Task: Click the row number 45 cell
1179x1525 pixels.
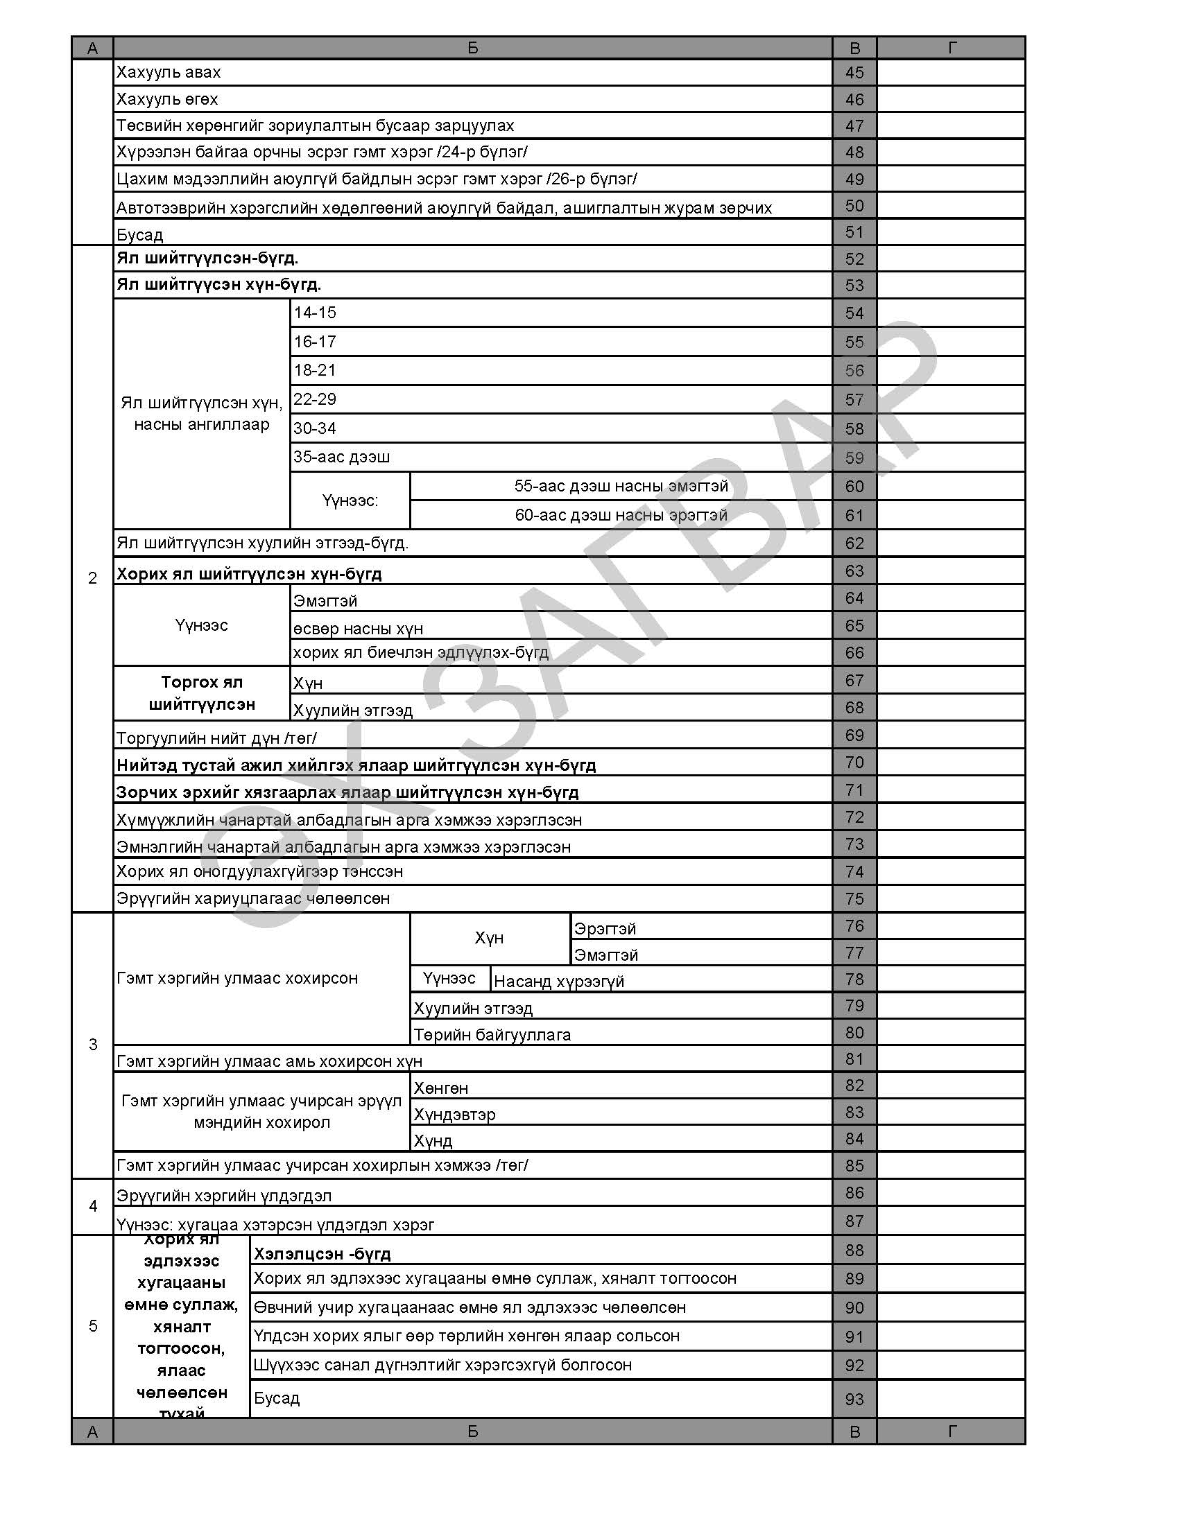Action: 854,73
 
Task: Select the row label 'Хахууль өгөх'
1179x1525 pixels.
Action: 167,99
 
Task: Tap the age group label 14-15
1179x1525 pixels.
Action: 314,313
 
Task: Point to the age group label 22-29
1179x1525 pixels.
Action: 314,399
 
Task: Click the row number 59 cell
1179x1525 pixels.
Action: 854,458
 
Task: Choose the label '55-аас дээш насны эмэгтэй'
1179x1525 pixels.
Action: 621,486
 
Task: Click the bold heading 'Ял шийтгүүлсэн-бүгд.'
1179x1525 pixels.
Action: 207,259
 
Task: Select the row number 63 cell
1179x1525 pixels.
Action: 854,571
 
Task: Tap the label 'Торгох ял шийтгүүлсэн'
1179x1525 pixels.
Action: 202,692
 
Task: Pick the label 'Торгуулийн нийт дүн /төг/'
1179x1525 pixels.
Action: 216,738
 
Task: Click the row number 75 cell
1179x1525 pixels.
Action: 854,898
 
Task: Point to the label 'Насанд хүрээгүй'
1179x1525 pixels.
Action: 559,981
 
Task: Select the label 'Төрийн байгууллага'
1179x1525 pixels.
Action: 492,1035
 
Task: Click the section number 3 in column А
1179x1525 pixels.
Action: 93,1045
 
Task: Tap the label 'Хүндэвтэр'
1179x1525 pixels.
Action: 454,1115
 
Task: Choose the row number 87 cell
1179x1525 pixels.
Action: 854,1221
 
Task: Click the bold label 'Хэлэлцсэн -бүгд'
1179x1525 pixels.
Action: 322,1254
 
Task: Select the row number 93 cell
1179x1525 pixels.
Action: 854,1400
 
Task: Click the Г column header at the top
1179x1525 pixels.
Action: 952,47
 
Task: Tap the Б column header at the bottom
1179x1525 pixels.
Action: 472,1432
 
